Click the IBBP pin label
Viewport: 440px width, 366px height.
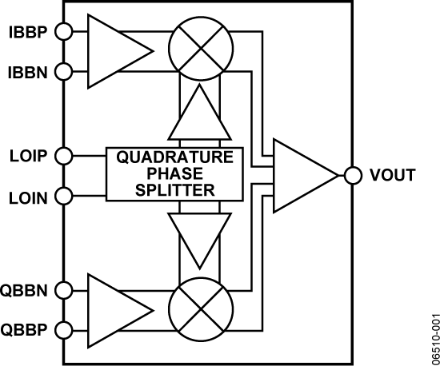27,33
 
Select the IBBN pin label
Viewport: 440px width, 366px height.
27,73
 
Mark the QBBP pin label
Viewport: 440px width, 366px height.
27,329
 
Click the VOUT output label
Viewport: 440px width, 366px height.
393,175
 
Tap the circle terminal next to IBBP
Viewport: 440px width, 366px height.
64,33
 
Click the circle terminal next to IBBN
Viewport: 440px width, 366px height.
64,73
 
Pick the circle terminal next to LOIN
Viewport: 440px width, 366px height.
64,195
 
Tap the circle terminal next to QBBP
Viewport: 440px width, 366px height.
64,329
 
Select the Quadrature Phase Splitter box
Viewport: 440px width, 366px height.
176,173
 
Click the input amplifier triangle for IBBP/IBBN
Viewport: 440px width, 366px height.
112,52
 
